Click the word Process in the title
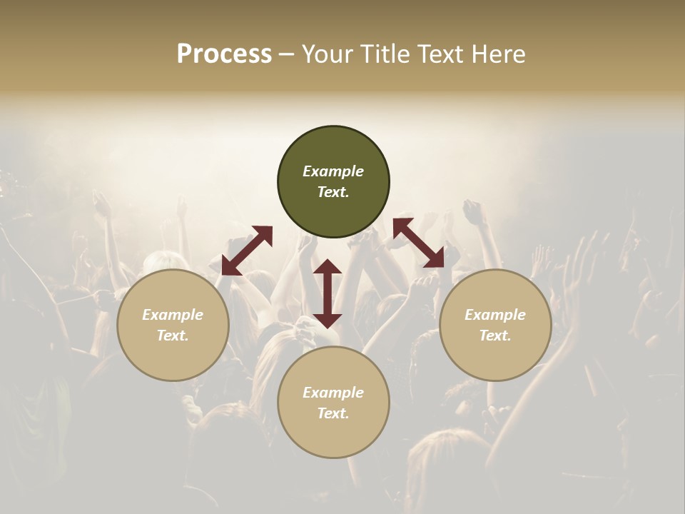coord(224,54)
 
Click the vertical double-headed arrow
coord(328,293)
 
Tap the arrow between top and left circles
coord(247,251)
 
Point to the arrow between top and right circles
coord(418,243)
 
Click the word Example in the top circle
coord(333,171)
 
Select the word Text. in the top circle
coord(333,192)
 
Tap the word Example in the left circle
coord(173,315)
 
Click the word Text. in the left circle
coord(173,336)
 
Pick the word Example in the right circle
coord(495,315)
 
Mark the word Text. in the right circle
coord(495,336)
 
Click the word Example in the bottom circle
coord(333,393)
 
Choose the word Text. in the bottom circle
coord(333,413)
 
